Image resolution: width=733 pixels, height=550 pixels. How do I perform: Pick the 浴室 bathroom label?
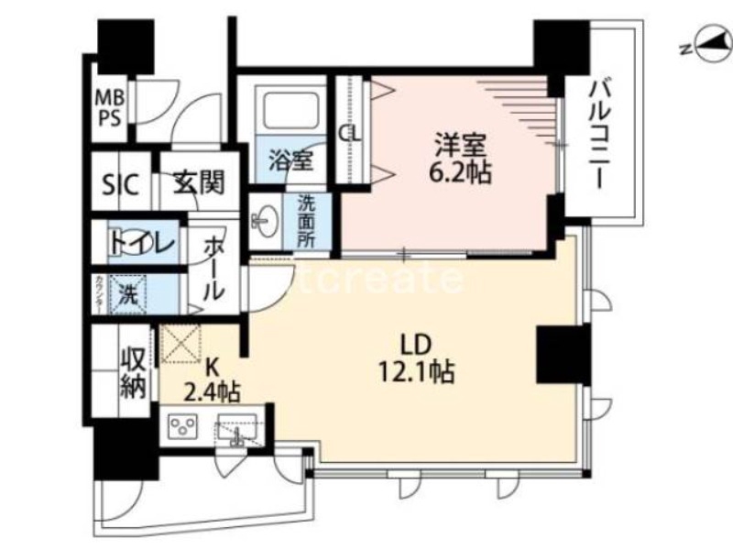pos(290,159)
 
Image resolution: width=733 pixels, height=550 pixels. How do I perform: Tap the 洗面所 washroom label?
pos(306,222)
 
